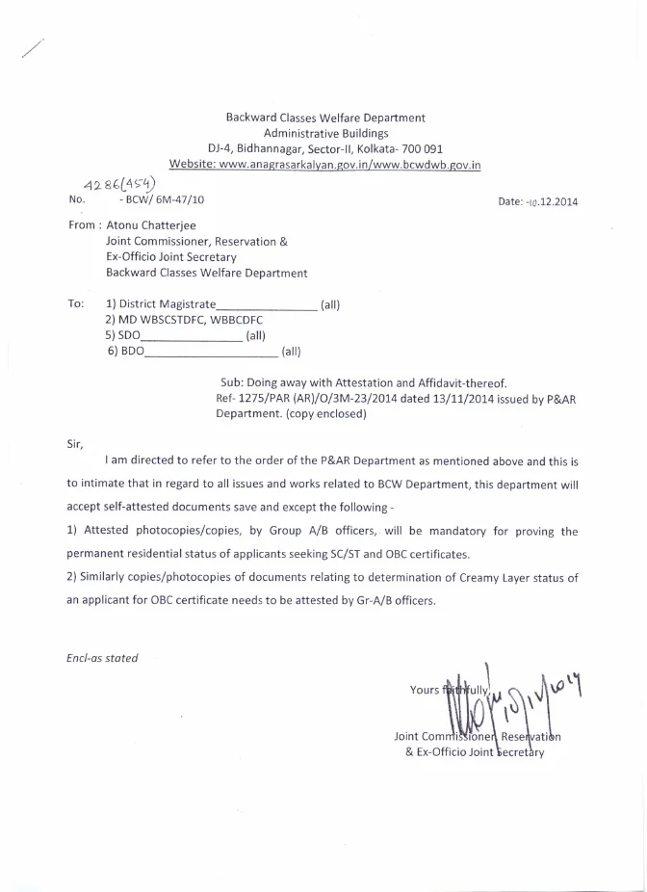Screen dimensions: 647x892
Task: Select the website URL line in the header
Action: coord(324,166)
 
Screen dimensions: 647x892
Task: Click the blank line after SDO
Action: coord(192,336)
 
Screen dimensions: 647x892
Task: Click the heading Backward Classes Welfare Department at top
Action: coord(324,118)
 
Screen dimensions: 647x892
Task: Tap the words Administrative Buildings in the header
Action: coord(325,134)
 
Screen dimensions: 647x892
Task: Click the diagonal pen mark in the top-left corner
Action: coord(33,50)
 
